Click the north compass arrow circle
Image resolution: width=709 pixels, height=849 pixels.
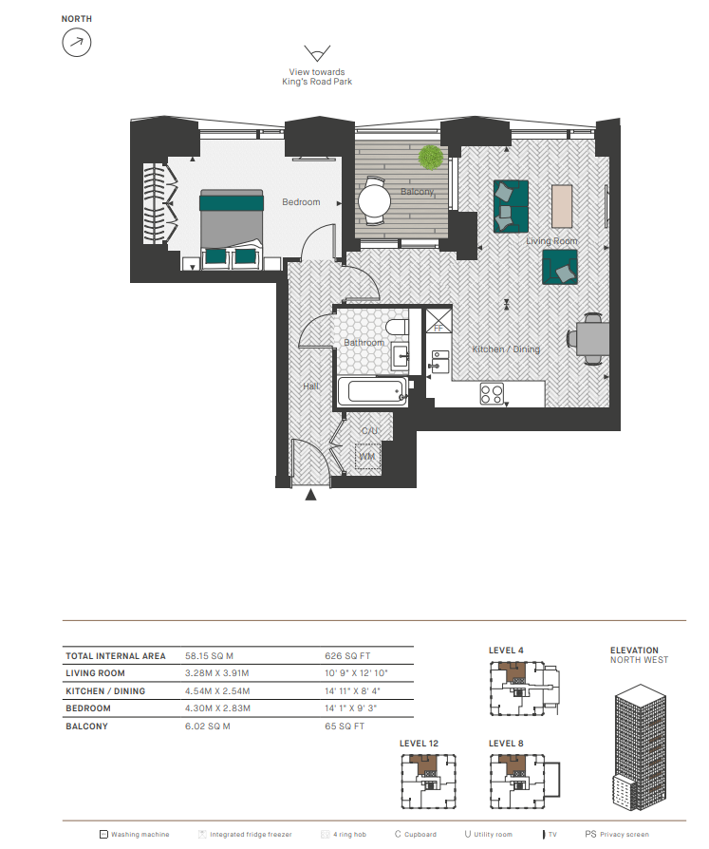point(76,43)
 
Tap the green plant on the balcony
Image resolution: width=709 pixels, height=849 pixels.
point(431,158)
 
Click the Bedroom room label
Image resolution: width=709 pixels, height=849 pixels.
point(301,202)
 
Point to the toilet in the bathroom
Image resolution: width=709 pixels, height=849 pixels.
point(398,328)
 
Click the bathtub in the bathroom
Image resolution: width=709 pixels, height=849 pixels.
point(373,391)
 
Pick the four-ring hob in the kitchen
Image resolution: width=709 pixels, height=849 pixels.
point(492,394)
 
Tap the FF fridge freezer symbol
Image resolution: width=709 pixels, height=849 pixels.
point(438,321)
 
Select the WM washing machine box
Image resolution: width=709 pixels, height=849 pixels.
point(367,457)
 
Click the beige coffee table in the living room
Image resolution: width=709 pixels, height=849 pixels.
point(562,206)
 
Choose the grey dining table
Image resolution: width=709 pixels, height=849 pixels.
point(593,339)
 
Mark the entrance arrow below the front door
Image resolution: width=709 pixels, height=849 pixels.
point(310,495)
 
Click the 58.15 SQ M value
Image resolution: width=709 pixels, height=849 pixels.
point(209,655)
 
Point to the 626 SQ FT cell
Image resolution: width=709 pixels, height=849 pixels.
point(347,655)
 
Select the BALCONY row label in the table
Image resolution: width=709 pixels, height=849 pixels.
point(86,726)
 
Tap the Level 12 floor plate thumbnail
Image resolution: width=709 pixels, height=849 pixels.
point(429,782)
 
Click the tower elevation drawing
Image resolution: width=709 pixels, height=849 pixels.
point(641,747)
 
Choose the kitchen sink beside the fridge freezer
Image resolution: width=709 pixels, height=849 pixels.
point(440,362)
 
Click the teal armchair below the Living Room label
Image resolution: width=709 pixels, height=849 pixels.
point(560,267)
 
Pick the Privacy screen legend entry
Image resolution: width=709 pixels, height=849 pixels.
point(617,835)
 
